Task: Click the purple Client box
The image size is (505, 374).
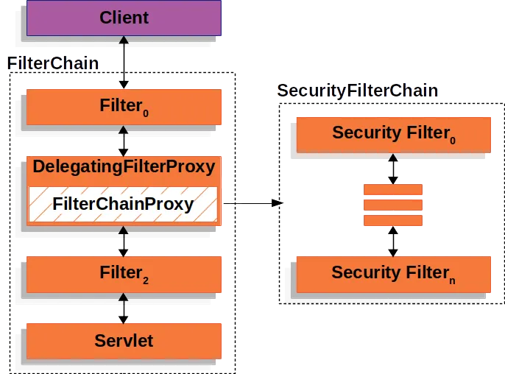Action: click(124, 18)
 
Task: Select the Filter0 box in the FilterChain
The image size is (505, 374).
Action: click(124, 107)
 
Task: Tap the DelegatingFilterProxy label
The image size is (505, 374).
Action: click(124, 167)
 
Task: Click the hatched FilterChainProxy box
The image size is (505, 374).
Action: click(124, 205)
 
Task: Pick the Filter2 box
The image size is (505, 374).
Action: click(124, 273)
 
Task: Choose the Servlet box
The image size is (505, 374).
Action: click(124, 340)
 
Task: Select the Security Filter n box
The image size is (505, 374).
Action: click(392, 273)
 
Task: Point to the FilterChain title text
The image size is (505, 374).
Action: click(53, 63)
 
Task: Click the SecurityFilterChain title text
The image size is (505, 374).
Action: click(358, 91)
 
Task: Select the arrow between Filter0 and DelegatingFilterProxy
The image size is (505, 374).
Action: click(124, 140)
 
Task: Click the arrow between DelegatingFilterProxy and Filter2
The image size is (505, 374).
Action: click(124, 240)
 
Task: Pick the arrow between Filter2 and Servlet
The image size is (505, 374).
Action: click(124, 307)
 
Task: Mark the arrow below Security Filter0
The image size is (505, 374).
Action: click(393, 169)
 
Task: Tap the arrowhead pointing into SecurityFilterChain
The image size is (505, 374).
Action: click(278, 202)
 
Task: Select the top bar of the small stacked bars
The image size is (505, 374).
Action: click(393, 190)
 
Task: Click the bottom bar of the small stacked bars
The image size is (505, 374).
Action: click(393, 220)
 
